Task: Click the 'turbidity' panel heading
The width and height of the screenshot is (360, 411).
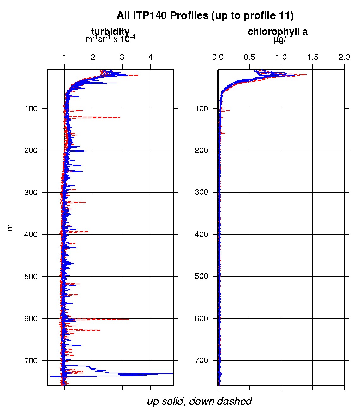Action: (x=110, y=31)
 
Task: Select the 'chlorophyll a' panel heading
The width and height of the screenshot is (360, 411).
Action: (x=278, y=31)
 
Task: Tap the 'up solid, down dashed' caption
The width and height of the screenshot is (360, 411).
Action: (x=199, y=401)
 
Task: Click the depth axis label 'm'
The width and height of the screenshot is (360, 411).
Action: (x=10, y=227)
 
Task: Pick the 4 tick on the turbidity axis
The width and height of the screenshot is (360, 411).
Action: (x=151, y=58)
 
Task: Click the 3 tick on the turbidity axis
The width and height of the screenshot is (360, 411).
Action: (x=122, y=58)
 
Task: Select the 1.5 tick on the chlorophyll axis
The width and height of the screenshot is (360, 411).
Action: (x=313, y=58)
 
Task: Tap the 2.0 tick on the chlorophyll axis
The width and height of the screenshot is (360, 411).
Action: (x=344, y=58)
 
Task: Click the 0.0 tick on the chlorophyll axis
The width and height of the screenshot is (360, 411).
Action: (x=218, y=58)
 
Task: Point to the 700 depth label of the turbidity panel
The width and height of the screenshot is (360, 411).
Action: (x=31, y=360)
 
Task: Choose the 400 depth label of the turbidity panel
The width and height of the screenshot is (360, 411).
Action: (x=31, y=234)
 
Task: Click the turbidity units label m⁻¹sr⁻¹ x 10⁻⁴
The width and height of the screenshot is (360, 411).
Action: (x=110, y=39)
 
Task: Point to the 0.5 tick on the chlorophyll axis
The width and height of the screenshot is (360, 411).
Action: (x=249, y=58)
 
